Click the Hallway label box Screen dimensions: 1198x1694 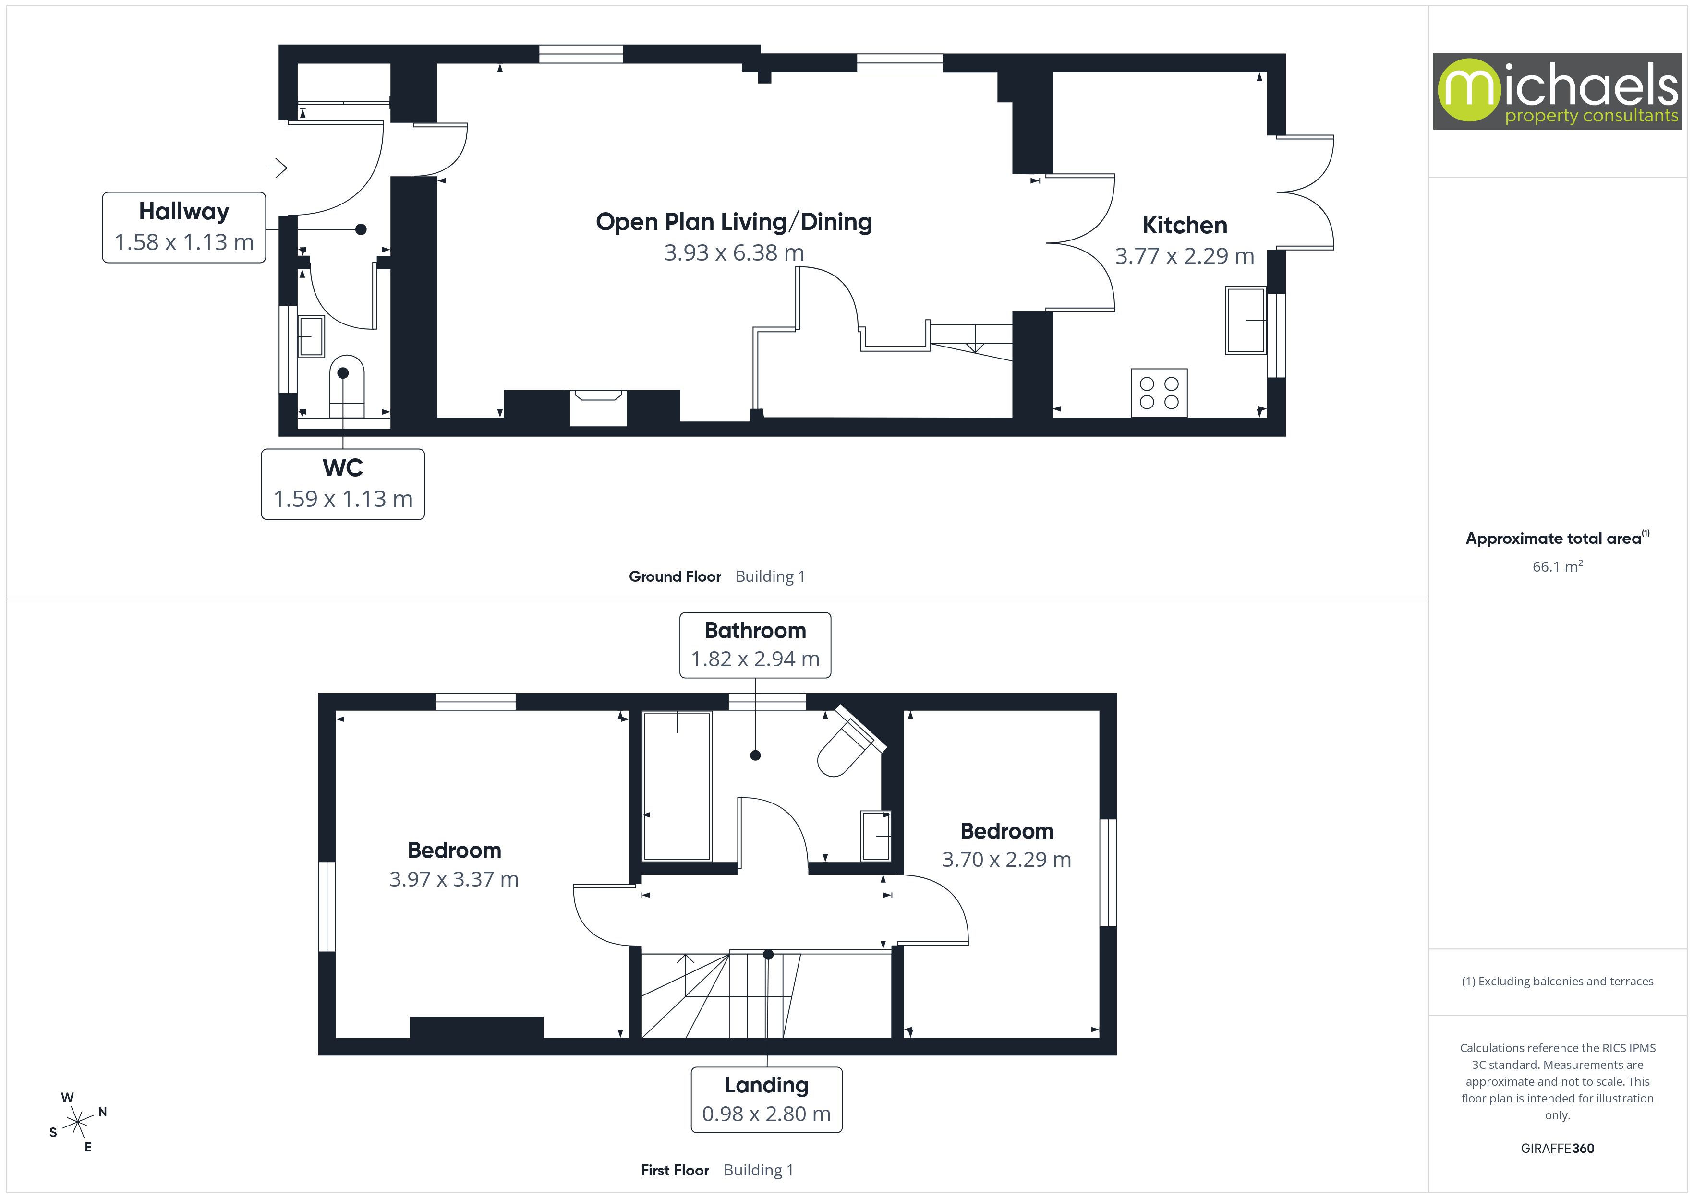[184, 227]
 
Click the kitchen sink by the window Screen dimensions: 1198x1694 [1246, 320]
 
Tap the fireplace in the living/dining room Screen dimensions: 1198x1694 [598, 407]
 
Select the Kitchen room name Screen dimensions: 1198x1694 [1184, 225]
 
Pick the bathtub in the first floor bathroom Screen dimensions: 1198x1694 [677, 786]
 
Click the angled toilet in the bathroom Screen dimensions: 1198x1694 [848, 745]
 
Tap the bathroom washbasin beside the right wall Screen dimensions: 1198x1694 [876, 836]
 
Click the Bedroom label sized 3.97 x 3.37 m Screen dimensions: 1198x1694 [454, 851]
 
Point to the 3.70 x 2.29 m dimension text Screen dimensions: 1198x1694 [1006, 860]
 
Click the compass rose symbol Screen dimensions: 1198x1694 [77, 1123]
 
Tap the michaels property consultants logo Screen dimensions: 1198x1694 [1557, 92]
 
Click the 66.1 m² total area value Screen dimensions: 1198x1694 [1557, 566]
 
